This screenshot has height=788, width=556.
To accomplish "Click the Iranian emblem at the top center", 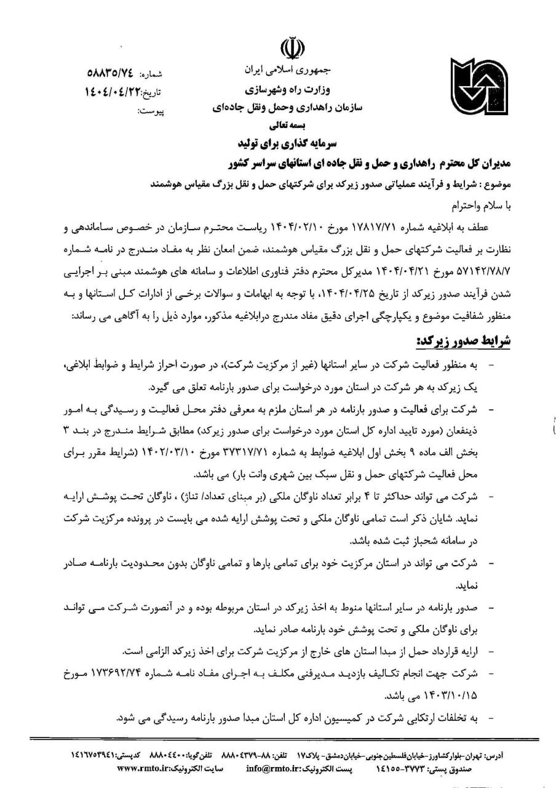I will (292, 48).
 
